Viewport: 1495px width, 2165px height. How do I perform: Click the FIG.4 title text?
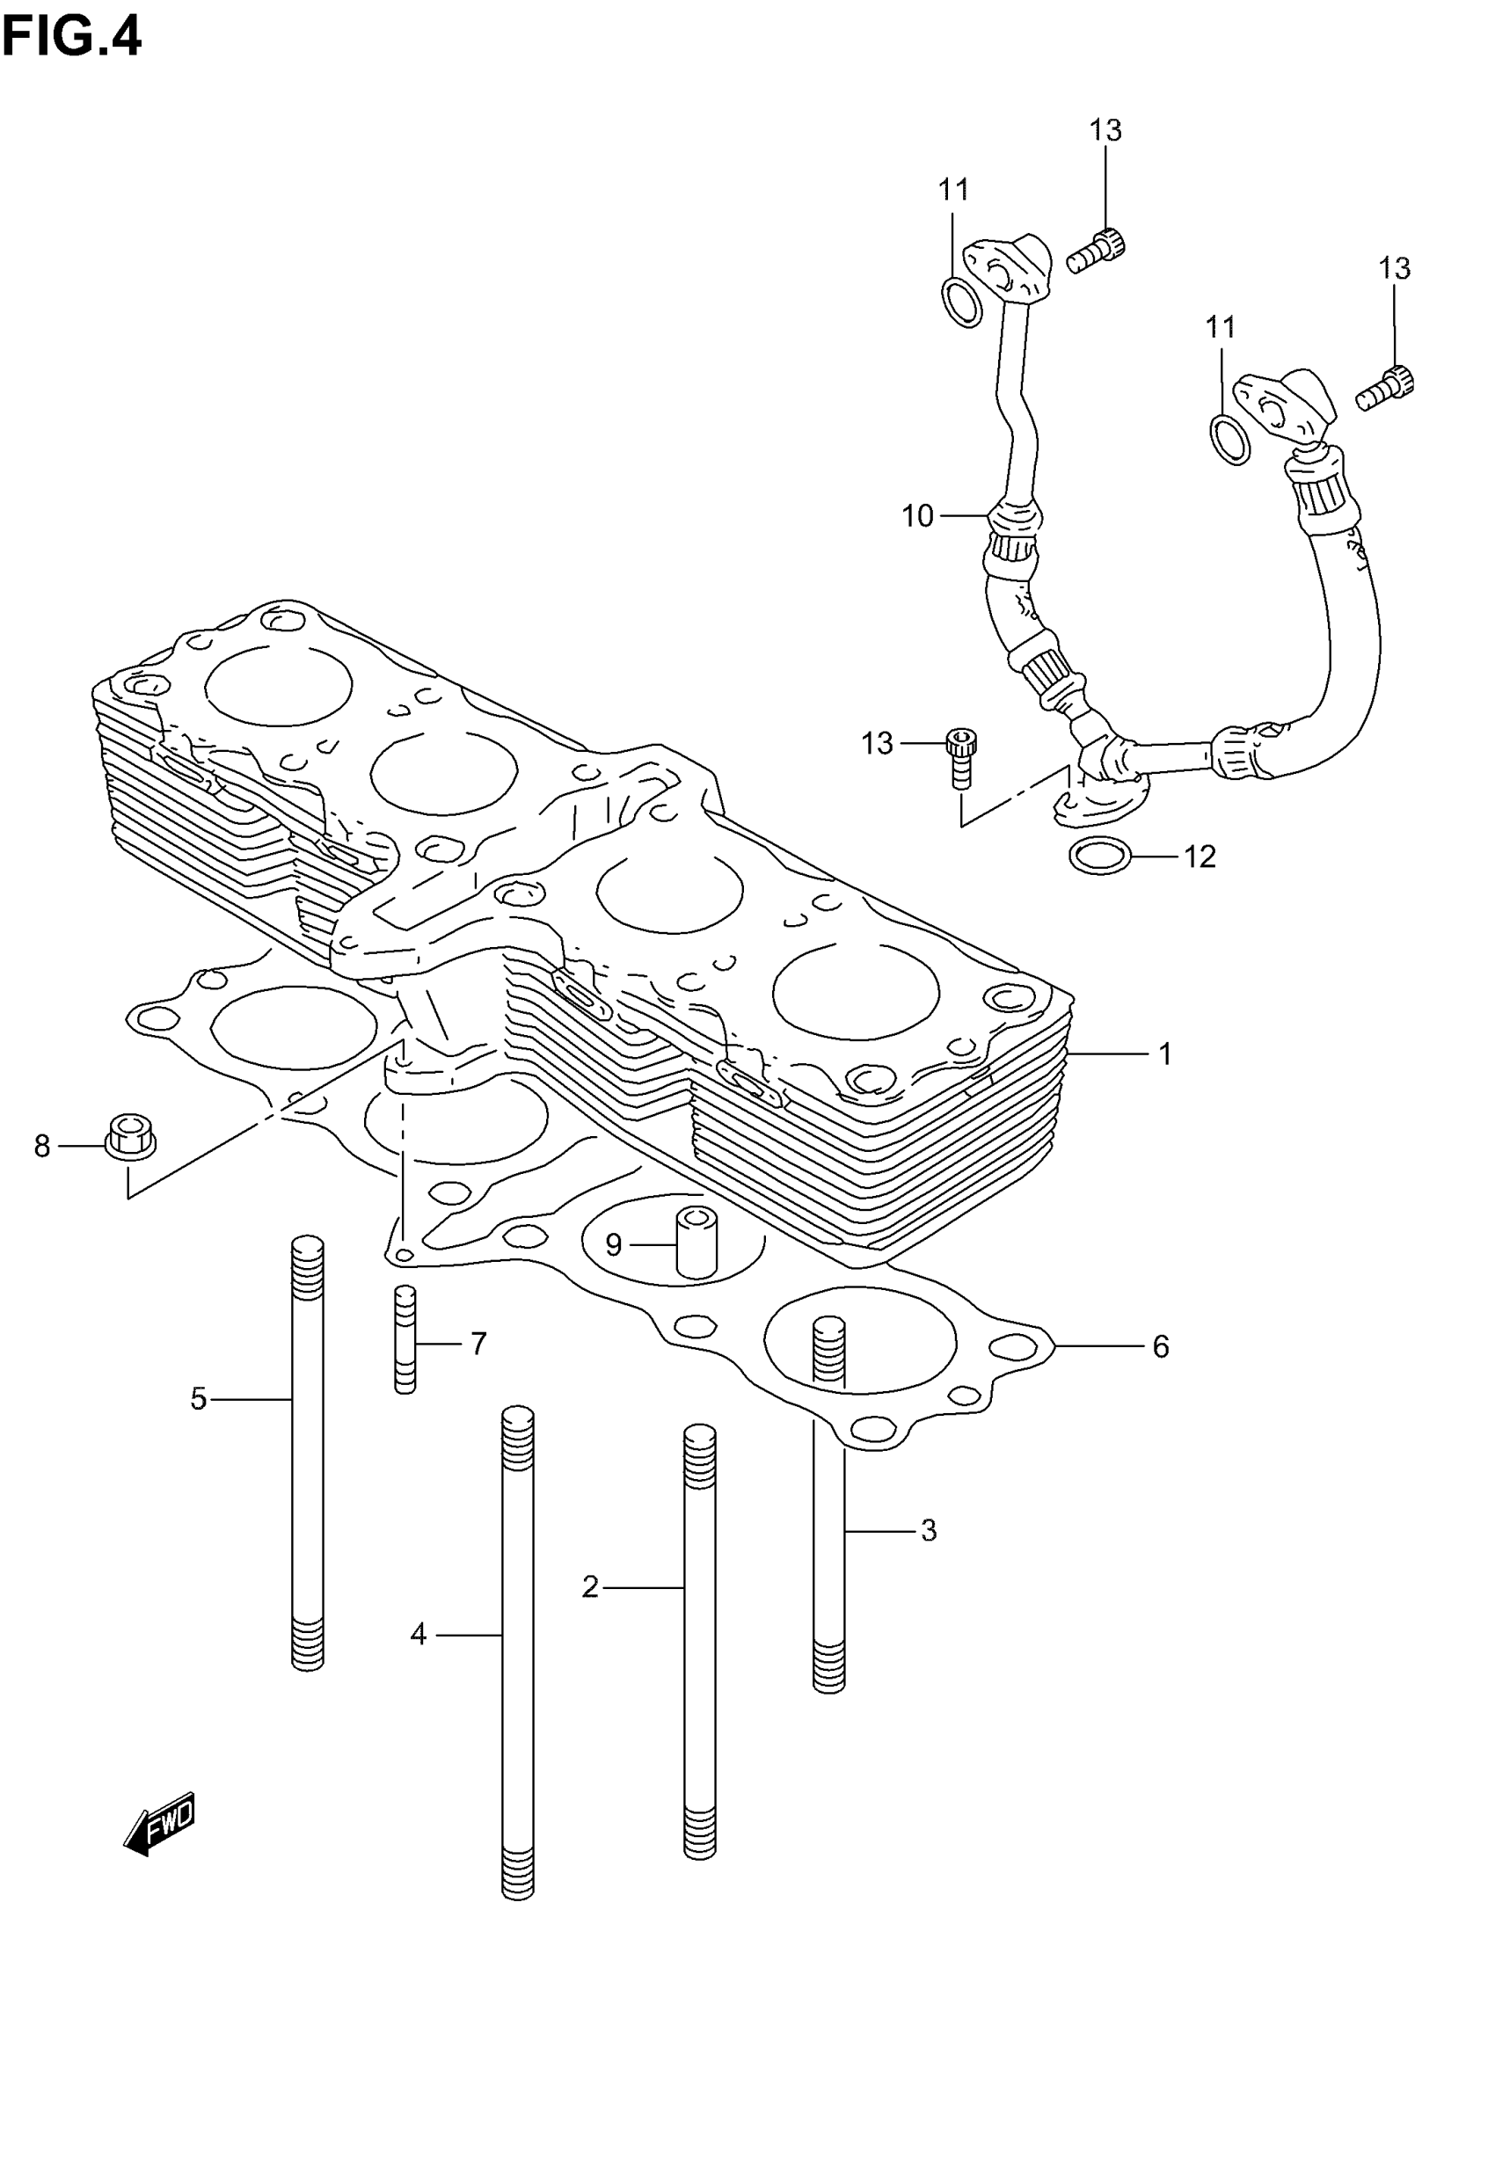click(72, 37)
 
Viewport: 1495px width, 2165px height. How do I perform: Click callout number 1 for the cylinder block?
click(1165, 1054)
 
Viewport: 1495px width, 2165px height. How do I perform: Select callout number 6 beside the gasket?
click(1161, 1346)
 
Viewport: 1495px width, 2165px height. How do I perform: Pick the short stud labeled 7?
click(405, 1340)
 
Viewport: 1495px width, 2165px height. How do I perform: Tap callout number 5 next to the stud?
click(199, 1399)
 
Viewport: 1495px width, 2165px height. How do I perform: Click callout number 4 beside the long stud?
click(419, 1635)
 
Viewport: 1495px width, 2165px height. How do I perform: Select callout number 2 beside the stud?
click(590, 1587)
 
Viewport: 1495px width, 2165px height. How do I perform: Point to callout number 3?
click(929, 1530)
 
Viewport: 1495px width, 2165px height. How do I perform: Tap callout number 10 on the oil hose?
click(918, 516)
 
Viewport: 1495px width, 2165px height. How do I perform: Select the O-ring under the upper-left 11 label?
click(961, 302)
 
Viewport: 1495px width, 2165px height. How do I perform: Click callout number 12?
click(1200, 857)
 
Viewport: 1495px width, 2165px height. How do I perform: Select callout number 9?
click(614, 1244)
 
